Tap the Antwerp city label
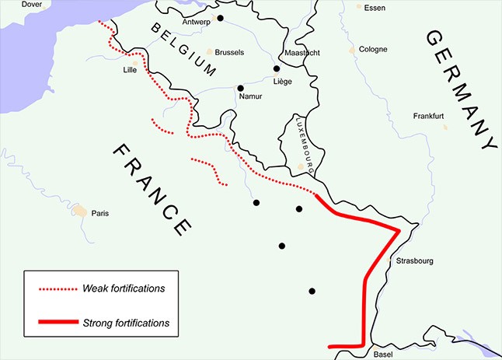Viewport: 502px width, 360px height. tap(196, 22)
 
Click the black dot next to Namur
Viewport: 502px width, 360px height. tap(240, 88)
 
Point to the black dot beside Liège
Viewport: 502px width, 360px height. tap(276, 68)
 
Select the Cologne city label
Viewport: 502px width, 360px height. tap(373, 50)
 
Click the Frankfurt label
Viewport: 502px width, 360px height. tap(428, 116)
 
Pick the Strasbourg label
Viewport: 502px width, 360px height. tap(414, 261)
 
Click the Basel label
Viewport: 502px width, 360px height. tap(384, 354)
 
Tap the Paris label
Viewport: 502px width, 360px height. tap(101, 213)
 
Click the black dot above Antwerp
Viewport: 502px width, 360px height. tap(221, 18)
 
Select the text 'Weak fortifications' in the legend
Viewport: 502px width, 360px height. tap(124, 288)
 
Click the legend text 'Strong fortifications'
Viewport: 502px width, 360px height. tap(126, 322)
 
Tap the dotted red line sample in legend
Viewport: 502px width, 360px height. tap(58, 289)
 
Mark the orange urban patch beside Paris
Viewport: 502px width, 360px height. tap(80, 210)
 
